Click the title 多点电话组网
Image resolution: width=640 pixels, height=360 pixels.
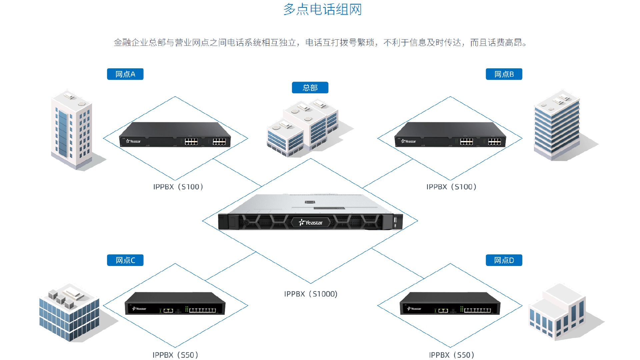[322, 9]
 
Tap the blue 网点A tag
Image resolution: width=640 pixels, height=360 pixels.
[125, 74]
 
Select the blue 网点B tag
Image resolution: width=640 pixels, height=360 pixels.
[504, 74]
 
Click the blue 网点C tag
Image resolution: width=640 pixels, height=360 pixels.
[125, 260]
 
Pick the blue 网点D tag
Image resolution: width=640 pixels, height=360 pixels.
[504, 260]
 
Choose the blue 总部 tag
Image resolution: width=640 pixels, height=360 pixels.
[310, 88]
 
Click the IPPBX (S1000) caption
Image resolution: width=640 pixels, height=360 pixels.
[311, 294]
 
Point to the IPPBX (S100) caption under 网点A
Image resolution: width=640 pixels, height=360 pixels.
[178, 187]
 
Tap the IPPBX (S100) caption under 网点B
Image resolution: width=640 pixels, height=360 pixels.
[451, 187]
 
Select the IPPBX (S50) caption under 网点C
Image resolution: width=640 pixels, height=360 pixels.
[175, 355]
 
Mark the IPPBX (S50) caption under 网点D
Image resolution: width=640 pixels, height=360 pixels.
[451, 355]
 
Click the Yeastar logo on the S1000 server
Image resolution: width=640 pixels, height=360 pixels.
[311, 223]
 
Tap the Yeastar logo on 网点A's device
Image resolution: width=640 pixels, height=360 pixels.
[133, 141]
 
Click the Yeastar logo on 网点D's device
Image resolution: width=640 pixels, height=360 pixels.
[414, 309]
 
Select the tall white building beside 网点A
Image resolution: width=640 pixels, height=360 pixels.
[72, 130]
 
